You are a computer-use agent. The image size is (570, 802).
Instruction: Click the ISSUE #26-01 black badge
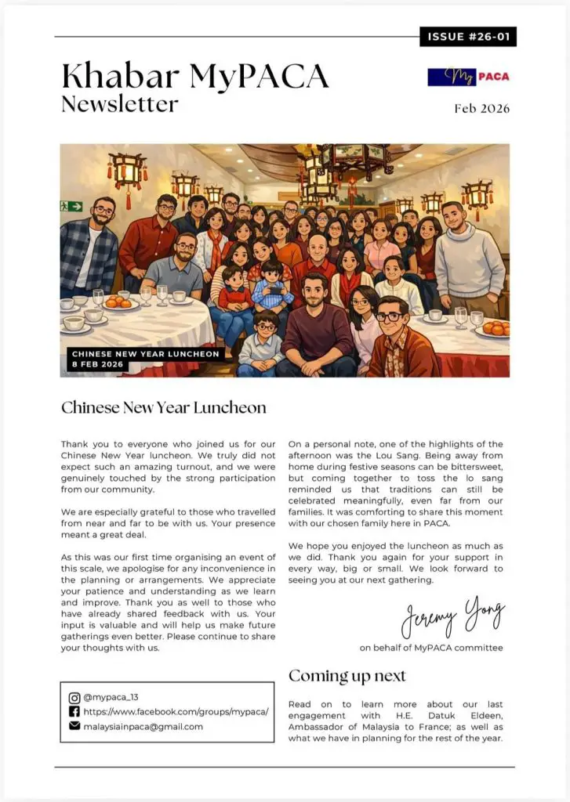click(468, 37)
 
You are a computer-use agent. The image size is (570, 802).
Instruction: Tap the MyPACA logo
click(468, 77)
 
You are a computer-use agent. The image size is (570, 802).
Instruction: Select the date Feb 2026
click(481, 109)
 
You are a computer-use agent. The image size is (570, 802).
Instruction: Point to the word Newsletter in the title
click(120, 103)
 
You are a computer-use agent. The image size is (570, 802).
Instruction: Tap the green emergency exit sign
click(71, 206)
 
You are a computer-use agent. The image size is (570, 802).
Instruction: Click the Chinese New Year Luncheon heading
click(164, 407)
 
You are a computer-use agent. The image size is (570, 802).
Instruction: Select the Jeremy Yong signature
click(452, 617)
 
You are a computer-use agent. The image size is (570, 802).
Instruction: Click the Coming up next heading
click(347, 676)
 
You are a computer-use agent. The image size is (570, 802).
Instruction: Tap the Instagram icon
click(74, 698)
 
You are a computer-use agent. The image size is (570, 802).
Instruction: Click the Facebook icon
click(74, 712)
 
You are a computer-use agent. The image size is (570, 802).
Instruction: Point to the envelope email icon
click(74, 726)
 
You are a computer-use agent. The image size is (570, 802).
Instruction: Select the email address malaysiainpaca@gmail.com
click(143, 726)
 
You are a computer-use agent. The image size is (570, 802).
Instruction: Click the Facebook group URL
click(176, 712)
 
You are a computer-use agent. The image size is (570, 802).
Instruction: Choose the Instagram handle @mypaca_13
click(111, 698)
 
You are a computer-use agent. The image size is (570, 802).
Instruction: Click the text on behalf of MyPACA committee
click(431, 648)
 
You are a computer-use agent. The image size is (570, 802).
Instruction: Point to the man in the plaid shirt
click(89, 249)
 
